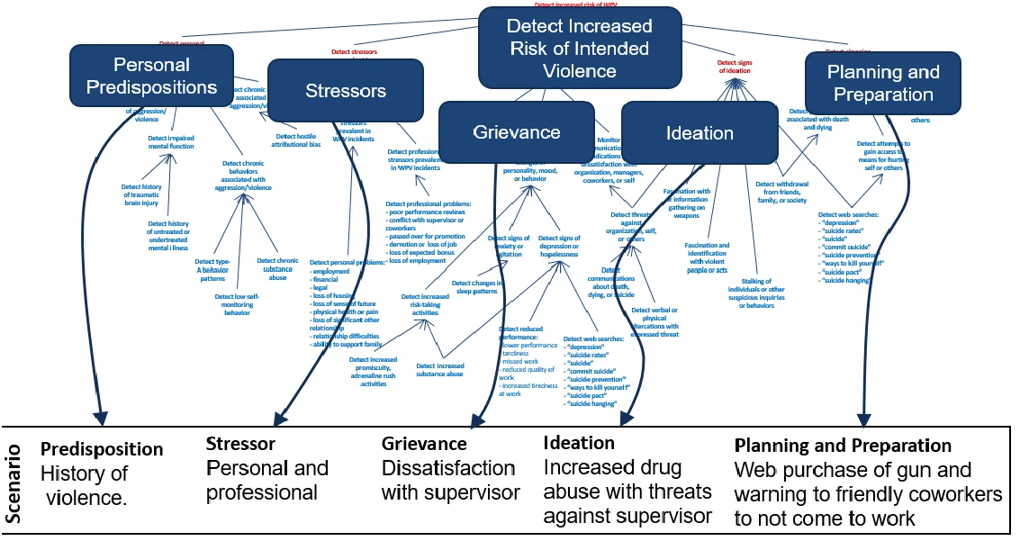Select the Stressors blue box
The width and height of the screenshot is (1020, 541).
(x=346, y=90)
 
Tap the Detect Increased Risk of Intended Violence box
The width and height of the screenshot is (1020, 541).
(x=579, y=49)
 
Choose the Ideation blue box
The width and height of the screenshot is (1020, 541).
(x=699, y=132)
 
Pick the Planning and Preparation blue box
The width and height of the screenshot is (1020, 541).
(x=882, y=83)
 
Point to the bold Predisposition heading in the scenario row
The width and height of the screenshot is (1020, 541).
(x=102, y=448)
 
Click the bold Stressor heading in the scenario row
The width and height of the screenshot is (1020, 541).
(x=240, y=444)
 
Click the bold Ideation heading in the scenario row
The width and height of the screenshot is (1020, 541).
(x=579, y=443)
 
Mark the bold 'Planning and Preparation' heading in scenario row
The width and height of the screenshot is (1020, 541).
(x=843, y=446)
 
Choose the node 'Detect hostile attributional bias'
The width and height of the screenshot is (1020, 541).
(x=297, y=140)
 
